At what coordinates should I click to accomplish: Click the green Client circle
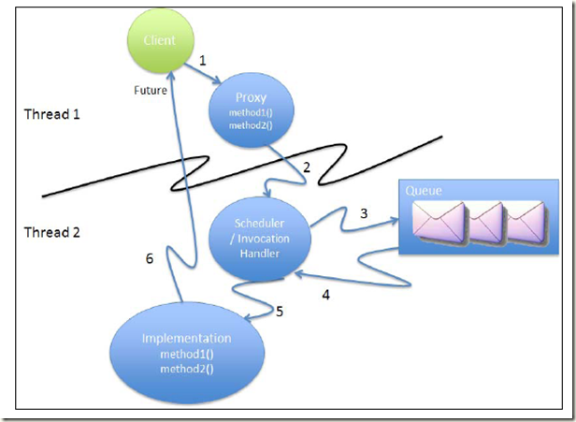point(166,40)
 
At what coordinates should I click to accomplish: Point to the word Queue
point(423,190)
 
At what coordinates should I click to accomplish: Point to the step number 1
point(203,61)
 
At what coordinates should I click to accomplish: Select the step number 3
point(365,213)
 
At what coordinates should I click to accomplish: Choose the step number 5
point(278,311)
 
